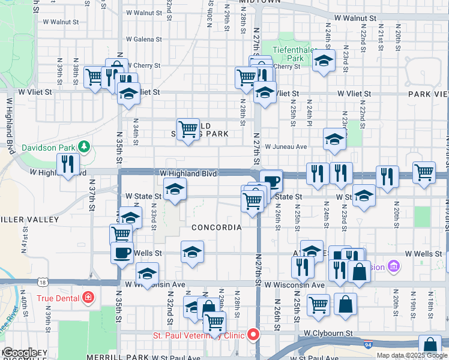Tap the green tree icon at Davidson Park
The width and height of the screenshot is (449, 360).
click(85, 146)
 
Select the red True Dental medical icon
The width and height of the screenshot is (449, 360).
click(88, 297)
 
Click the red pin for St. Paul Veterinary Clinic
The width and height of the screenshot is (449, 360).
click(254, 335)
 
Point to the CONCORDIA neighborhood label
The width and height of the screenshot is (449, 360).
click(217, 227)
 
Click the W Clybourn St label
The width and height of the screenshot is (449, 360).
click(327, 332)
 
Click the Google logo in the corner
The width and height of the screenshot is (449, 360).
click(20, 353)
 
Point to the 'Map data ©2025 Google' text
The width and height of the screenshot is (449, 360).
click(412, 355)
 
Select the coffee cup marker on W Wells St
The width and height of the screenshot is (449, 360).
click(122, 252)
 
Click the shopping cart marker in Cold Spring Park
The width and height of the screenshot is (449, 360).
click(188, 128)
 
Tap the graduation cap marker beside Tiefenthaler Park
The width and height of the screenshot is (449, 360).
click(324, 60)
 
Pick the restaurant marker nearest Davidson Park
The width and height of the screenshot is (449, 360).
click(68, 163)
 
